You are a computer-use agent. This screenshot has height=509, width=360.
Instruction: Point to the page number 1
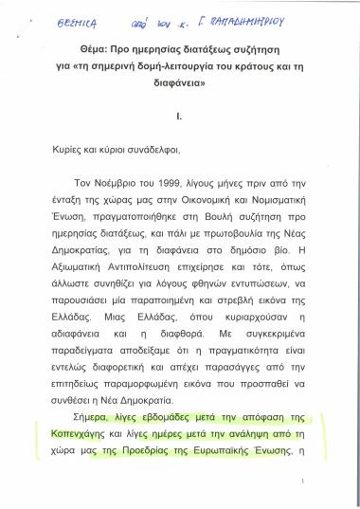pos(302,483)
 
